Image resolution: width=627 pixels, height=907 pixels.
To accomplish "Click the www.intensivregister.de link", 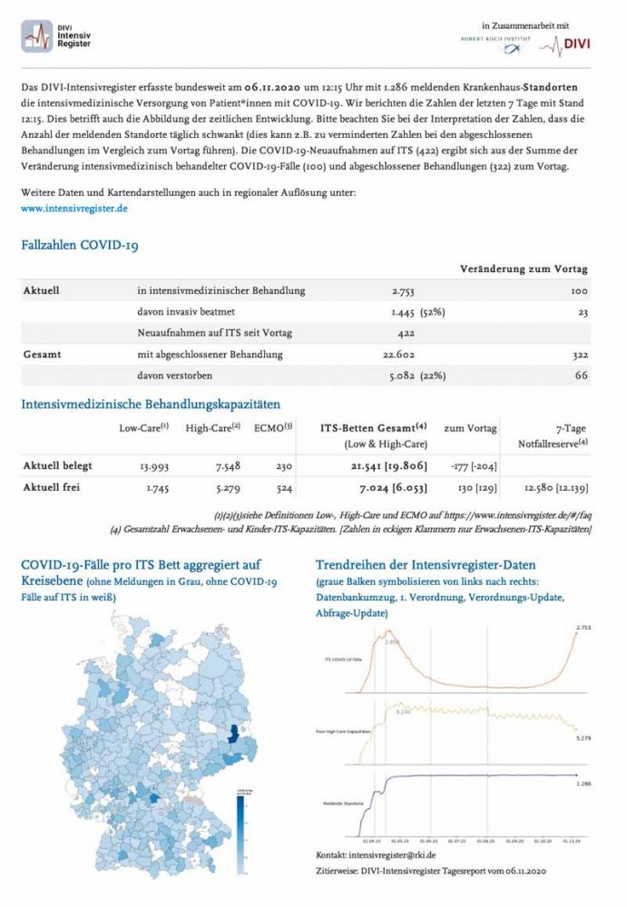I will coord(73,208).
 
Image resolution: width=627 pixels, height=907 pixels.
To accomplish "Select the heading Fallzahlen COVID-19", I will coord(80,245).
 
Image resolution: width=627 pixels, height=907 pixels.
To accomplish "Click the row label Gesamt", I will coord(41,354).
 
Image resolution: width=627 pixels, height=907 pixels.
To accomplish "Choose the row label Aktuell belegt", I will coord(56,466).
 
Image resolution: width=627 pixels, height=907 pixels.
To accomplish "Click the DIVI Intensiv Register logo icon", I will coord(37,37).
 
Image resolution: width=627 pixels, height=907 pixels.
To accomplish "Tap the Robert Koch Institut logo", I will coord(494,44).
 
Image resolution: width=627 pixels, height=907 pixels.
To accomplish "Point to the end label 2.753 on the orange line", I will coord(584,628).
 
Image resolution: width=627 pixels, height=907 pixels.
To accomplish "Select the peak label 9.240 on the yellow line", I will coord(403,713).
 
